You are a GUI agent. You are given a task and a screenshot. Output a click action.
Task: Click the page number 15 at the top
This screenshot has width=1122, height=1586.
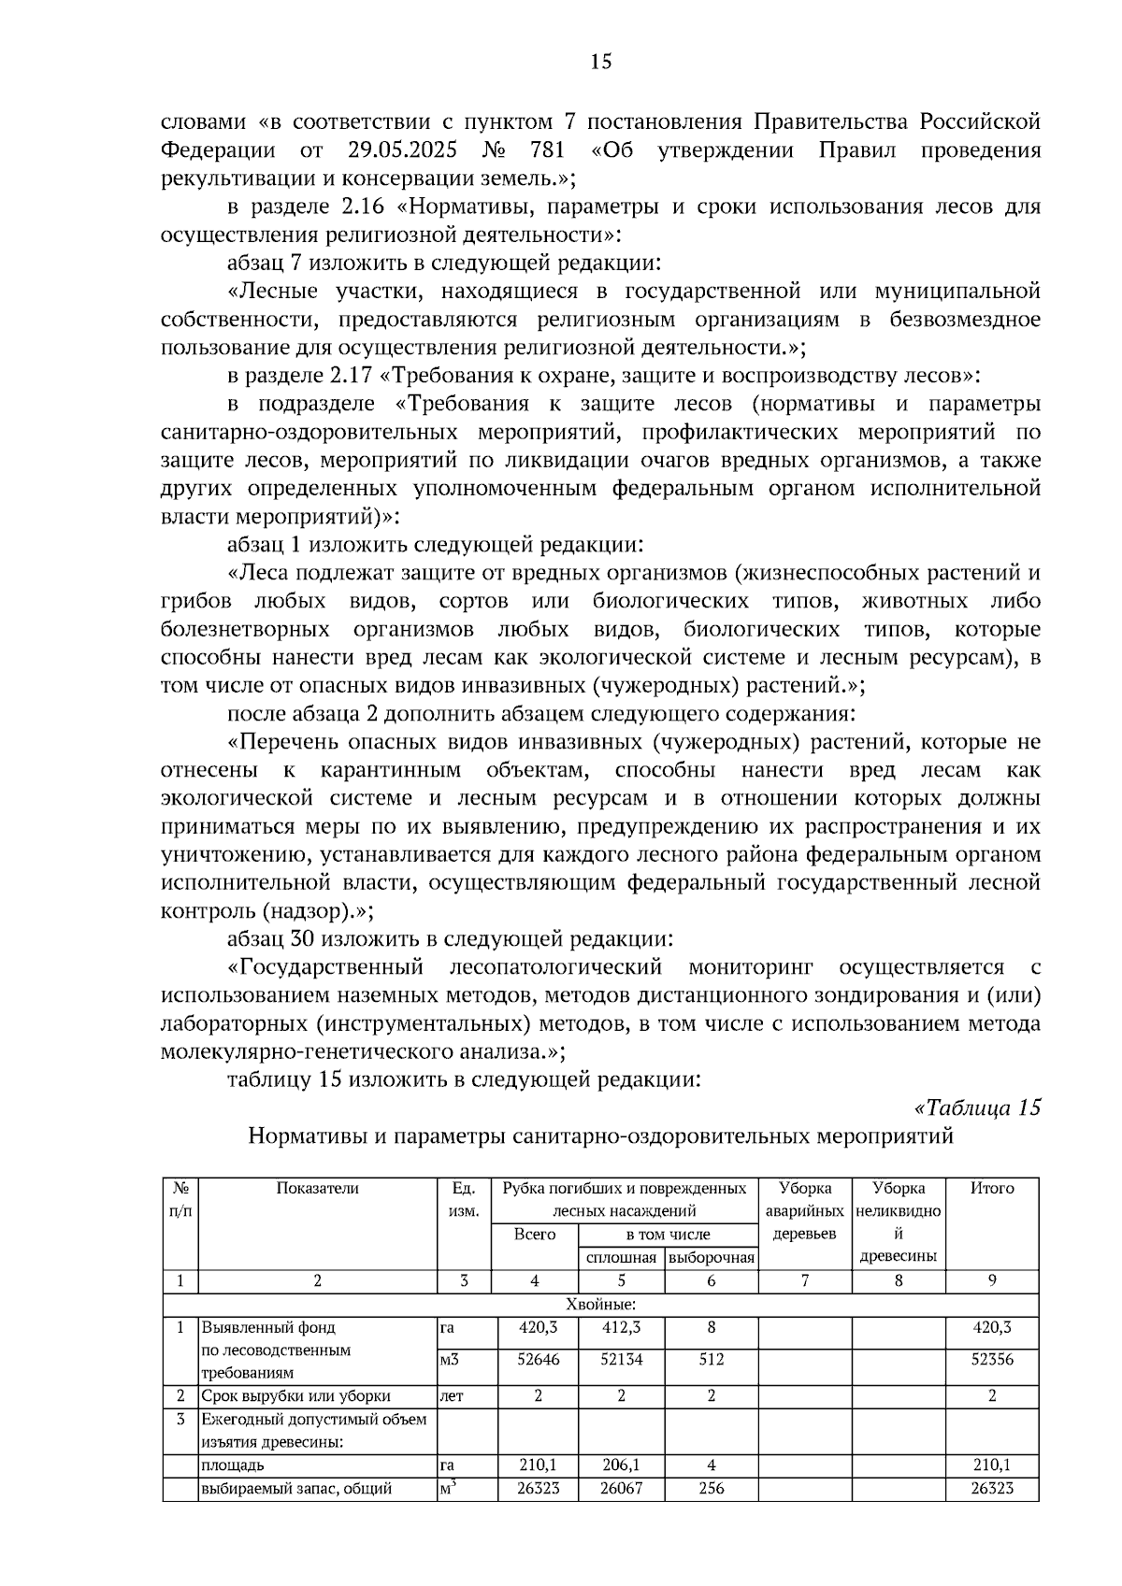[x=600, y=63]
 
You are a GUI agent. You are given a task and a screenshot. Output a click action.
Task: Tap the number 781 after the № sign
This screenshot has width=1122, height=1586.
[x=548, y=150]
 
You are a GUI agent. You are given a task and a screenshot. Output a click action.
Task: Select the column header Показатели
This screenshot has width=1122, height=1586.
[x=318, y=1189]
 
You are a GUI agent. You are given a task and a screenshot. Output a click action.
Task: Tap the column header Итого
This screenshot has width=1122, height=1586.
[x=992, y=1189]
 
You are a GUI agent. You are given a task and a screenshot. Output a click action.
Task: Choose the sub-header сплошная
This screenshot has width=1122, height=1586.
[x=621, y=1258]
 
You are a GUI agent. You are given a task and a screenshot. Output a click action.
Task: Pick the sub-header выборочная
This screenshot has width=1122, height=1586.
[x=712, y=1258]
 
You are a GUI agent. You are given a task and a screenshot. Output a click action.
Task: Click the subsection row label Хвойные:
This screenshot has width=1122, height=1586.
[x=600, y=1305]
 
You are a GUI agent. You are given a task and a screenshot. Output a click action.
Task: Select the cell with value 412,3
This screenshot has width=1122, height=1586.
[x=621, y=1327]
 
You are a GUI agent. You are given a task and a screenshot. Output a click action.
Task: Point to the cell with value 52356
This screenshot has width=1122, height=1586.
[x=992, y=1360]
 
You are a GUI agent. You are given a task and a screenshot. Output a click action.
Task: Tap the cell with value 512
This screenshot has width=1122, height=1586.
[x=712, y=1360]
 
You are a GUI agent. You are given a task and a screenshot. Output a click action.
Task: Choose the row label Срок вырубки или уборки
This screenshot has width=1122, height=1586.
[x=296, y=1396]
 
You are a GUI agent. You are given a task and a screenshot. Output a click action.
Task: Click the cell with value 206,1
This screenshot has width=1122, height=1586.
[x=621, y=1465]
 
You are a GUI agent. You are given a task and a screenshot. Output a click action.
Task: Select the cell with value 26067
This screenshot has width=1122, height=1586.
[x=621, y=1489]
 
